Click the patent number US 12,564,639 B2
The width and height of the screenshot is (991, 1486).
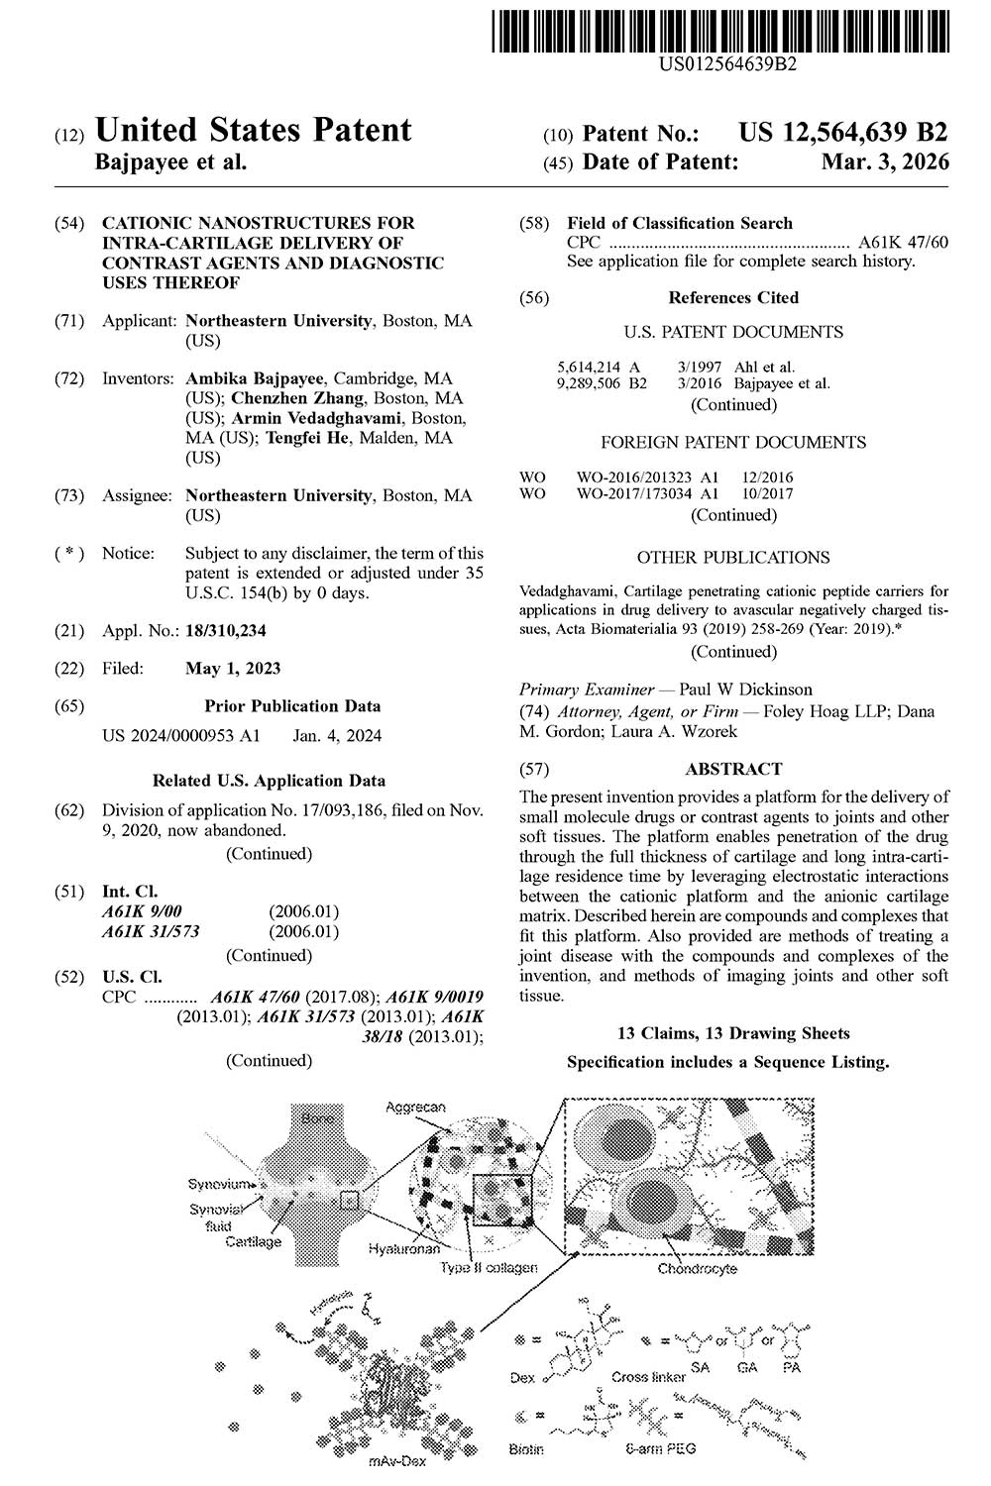point(843,133)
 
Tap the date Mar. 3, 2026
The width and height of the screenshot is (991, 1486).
point(885,161)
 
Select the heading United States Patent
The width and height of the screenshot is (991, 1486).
point(253,131)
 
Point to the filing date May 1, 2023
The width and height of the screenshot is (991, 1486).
point(233,668)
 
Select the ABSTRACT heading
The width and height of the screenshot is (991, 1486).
point(733,769)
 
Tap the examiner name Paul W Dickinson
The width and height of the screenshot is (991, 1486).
point(745,690)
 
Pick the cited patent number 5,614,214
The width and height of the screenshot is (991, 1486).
point(587,367)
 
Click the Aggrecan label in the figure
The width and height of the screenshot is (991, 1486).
point(415,1107)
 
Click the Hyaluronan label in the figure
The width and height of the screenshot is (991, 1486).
point(404,1251)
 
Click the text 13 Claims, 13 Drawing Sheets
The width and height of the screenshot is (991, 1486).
point(733,1033)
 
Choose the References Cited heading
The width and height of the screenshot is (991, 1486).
point(733,297)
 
